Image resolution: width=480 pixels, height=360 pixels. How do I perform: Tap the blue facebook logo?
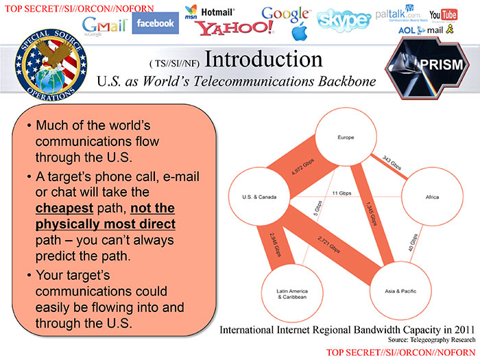pos(155,23)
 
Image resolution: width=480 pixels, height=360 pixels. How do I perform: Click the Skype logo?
pos(344,20)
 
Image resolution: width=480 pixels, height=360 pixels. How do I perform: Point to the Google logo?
pos(285,14)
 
